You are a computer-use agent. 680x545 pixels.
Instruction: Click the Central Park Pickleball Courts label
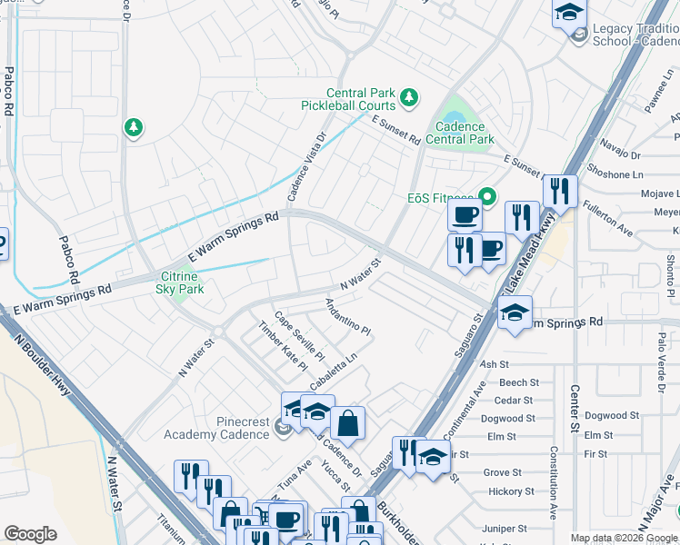point(348,99)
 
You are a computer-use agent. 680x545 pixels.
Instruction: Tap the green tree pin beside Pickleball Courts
point(409,95)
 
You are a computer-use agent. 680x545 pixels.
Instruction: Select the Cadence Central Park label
point(464,133)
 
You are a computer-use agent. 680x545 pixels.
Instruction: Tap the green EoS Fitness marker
point(487,196)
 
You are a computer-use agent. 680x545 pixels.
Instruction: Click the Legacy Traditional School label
point(635,35)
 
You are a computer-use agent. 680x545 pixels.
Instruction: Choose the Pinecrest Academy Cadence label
point(217,428)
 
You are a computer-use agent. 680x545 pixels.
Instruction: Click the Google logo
point(30,534)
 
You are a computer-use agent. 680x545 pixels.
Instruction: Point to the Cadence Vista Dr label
point(306,168)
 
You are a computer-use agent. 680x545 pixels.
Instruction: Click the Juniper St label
point(505,529)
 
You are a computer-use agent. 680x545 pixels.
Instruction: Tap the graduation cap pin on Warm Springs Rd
point(515,313)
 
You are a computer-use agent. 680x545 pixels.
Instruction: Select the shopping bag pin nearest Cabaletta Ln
point(347,421)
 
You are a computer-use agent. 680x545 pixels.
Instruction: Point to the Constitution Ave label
point(553,481)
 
